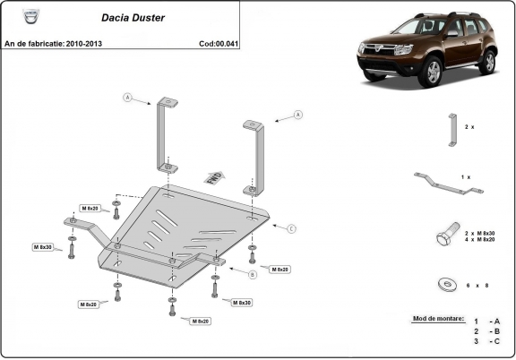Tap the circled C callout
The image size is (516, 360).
point(292,229)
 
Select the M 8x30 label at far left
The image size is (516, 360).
point(42,246)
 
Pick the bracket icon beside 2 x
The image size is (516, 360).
point(451,129)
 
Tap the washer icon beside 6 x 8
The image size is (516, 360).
point(445,285)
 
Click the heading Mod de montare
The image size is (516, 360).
point(438,318)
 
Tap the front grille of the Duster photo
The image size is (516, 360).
point(381,55)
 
